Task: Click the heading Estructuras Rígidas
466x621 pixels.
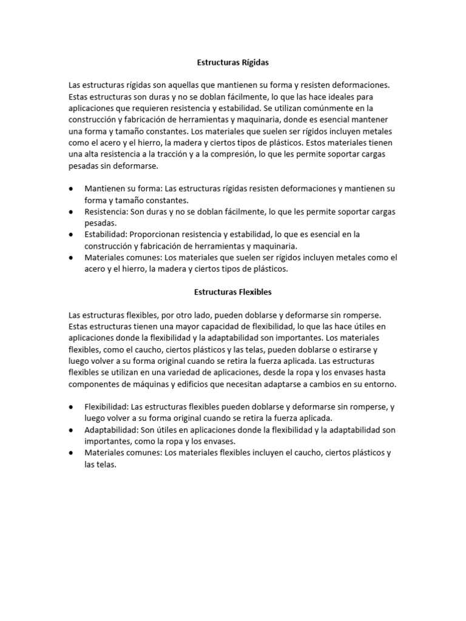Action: pyautogui.click(x=232, y=62)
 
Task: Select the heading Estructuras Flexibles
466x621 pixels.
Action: pyautogui.click(x=232, y=292)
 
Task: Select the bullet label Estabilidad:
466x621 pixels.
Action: pyautogui.click(x=106, y=234)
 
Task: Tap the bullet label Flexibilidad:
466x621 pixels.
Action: pyautogui.click(x=107, y=407)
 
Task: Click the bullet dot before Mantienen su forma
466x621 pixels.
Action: pyautogui.click(x=72, y=189)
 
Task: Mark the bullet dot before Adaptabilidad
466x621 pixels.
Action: pyautogui.click(x=72, y=430)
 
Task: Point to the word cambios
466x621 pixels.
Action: pyautogui.click(x=320, y=384)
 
